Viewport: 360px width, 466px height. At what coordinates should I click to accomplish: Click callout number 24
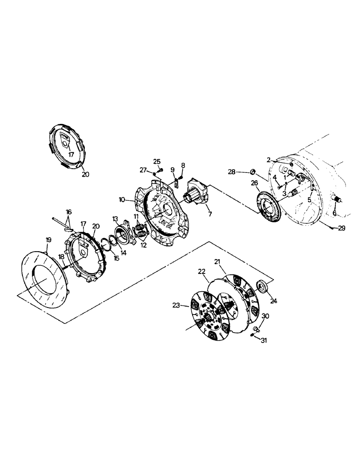click(x=273, y=302)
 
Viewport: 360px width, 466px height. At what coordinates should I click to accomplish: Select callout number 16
click(x=69, y=212)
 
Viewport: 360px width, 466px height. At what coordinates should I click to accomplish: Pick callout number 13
click(x=115, y=219)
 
